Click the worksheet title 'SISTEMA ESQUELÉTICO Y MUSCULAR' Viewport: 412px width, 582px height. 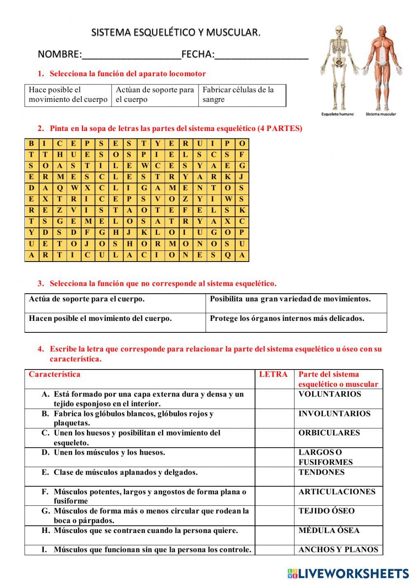176,32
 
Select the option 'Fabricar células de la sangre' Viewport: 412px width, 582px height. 241,95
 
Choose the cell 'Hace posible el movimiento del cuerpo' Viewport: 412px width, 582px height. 68,95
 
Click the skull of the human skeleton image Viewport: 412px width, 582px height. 339,31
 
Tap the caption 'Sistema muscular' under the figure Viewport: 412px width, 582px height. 381,114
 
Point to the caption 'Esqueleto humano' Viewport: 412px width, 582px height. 337,114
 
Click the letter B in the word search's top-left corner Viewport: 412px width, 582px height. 31,144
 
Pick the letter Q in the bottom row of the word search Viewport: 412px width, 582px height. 227,255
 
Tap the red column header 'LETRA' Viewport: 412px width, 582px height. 273,374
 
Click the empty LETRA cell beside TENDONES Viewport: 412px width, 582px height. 274,477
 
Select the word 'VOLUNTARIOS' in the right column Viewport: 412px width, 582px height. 330,394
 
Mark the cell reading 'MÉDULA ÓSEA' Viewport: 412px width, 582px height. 329,531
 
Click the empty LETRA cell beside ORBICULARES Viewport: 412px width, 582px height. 274,438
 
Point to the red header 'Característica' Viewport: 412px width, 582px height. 54,374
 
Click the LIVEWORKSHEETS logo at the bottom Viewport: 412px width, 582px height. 348,573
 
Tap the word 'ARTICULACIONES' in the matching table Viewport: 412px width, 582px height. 337,492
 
